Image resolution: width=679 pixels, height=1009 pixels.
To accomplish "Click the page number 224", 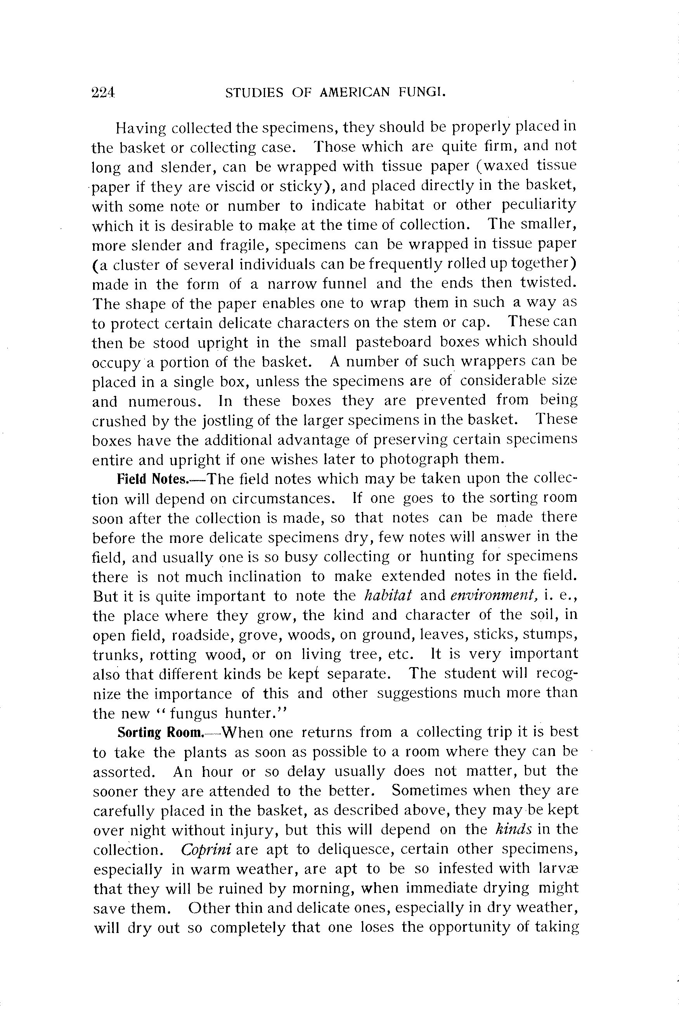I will coord(103,92).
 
